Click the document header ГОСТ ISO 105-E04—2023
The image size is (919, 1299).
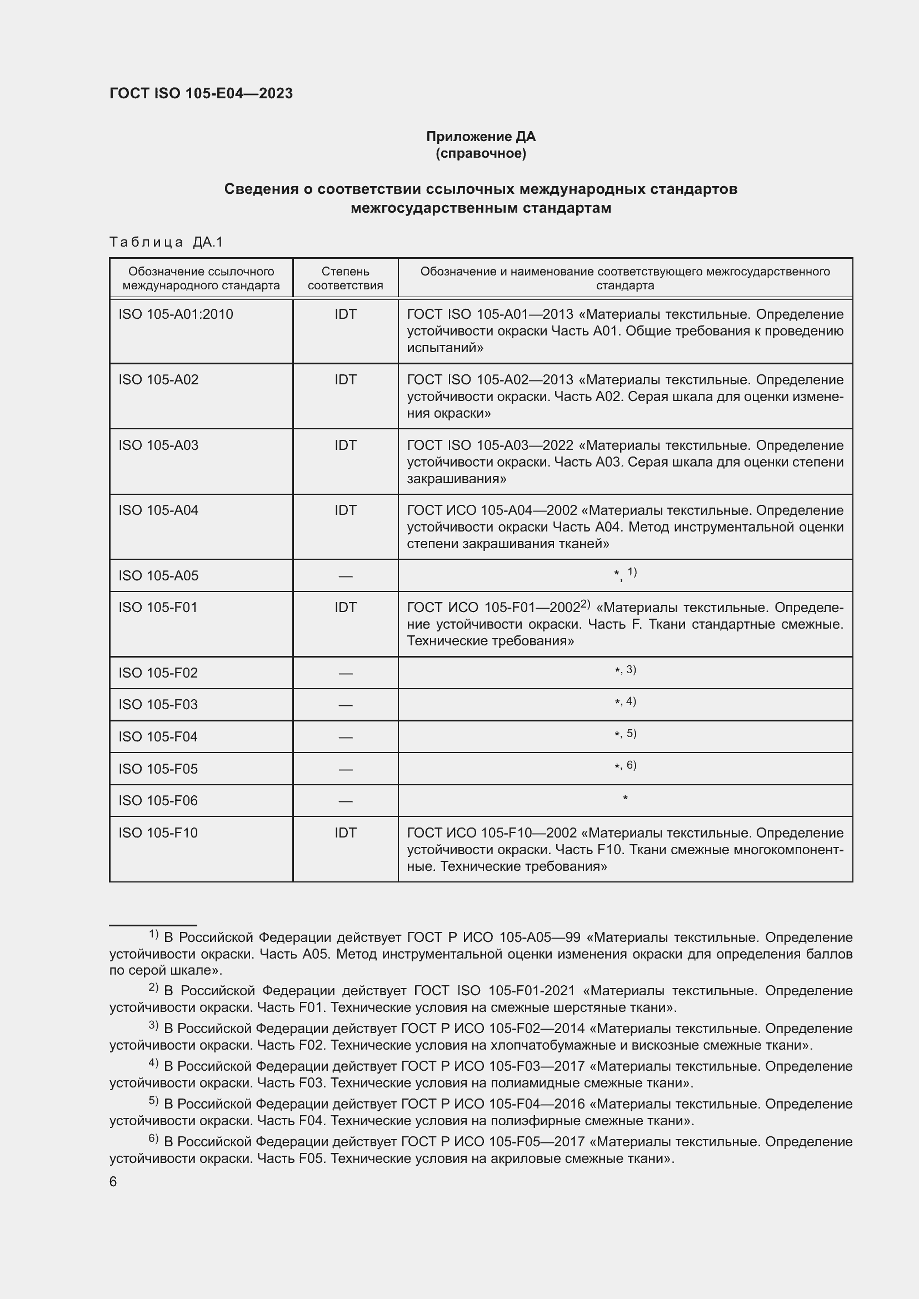201,93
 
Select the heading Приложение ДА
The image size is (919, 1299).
481,137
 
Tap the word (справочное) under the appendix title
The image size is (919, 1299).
481,153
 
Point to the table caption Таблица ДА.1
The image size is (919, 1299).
166,242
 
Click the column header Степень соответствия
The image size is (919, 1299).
345,278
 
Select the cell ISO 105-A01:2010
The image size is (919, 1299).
176,314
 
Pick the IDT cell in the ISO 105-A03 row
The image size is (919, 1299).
345,445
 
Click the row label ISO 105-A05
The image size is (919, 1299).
158,575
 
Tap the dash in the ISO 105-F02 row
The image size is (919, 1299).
345,673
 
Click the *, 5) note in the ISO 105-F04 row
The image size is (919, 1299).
625,734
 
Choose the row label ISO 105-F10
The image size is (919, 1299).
158,833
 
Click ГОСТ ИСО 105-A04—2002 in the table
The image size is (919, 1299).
492,510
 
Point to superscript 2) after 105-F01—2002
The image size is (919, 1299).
585,604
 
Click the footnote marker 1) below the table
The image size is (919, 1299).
153,934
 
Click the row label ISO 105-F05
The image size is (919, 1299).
158,769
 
